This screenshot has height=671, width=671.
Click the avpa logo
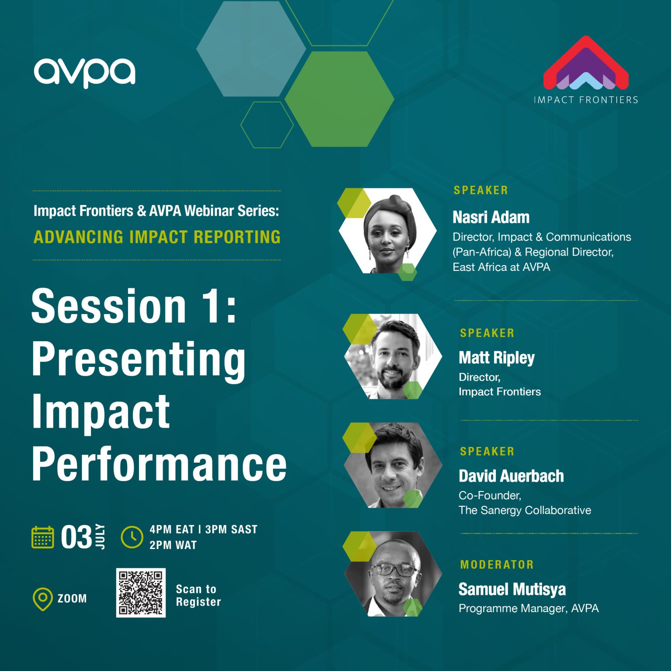tap(85, 73)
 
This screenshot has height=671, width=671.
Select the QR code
tap(141, 593)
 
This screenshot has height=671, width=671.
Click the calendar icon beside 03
tap(43, 537)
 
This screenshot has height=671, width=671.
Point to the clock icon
tap(131, 537)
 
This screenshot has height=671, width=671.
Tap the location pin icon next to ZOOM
tap(42, 599)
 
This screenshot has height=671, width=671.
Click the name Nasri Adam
tap(491, 217)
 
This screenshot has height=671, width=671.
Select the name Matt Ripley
tap(496, 358)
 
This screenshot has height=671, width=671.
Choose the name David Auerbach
tap(511, 476)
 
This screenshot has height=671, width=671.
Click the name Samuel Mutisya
tap(512, 589)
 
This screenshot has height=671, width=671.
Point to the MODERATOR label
tap(497, 564)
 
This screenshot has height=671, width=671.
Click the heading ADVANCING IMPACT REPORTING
tap(157, 237)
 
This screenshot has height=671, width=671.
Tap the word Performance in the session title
tap(159, 464)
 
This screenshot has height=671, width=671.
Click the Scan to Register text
tap(198, 595)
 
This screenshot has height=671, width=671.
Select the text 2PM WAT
tap(173, 545)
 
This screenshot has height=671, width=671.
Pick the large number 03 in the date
tap(76, 537)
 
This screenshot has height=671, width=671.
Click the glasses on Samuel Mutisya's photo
tap(394, 570)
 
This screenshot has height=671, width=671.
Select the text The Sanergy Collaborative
tap(524, 510)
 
